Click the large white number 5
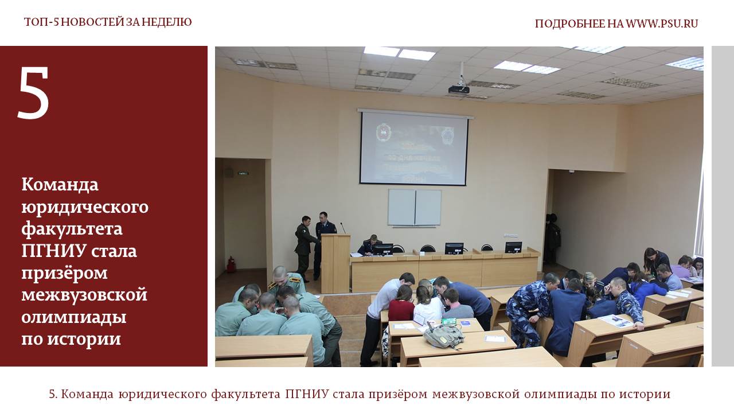coord(33,93)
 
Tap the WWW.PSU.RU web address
coord(662,24)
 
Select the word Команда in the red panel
coord(60,185)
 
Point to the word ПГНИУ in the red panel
coord(54,251)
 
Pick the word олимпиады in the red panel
coord(74,318)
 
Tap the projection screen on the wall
coord(414,148)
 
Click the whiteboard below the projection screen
coord(415,208)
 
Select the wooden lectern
coord(335,263)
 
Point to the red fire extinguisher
coord(231,265)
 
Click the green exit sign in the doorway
coord(243,173)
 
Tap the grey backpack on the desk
coord(444,336)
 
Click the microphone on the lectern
coord(342,228)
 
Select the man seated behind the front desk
coord(370,245)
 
